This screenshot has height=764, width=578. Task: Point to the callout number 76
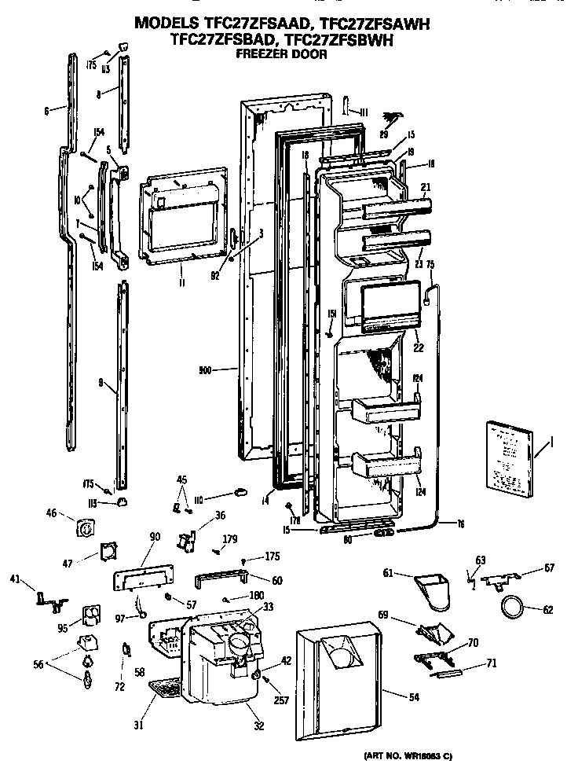coord(462,525)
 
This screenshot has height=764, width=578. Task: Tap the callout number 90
coord(154,537)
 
